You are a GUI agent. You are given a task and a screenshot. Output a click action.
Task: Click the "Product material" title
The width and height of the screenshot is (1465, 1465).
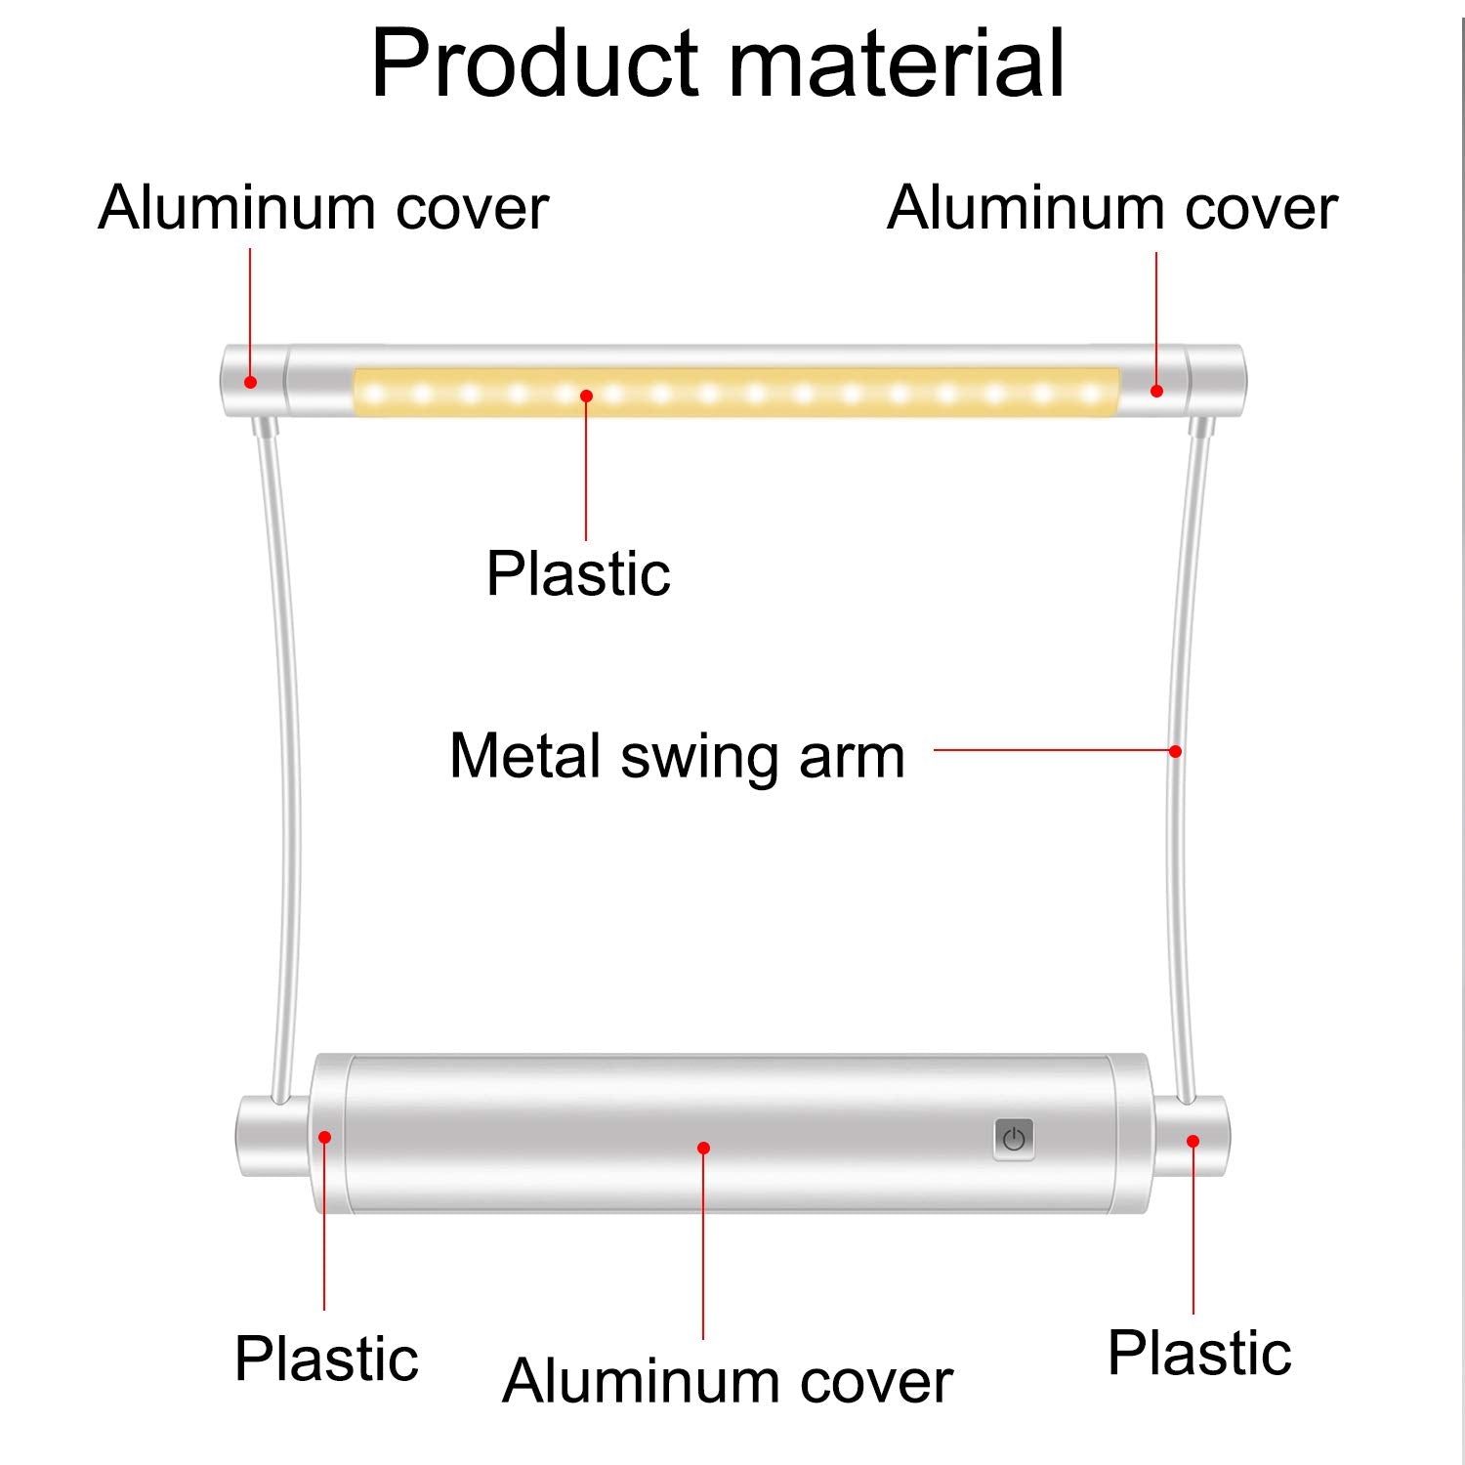(718, 64)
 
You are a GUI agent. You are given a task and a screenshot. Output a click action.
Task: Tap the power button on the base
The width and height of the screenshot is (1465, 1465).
(1014, 1139)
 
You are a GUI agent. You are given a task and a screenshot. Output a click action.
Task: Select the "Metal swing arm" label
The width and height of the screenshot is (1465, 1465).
(677, 757)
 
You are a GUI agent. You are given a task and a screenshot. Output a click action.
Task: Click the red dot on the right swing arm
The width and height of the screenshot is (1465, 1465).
(1176, 751)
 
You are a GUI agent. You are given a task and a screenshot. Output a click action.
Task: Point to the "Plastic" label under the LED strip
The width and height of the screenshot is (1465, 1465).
(578, 573)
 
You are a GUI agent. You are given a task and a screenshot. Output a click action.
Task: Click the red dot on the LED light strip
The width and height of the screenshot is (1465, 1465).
(586, 396)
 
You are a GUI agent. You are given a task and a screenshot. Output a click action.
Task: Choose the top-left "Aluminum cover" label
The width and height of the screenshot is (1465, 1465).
(323, 208)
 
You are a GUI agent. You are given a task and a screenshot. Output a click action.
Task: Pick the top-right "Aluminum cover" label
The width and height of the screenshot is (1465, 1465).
(1112, 208)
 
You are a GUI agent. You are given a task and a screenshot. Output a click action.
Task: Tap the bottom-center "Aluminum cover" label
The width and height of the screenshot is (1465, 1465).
(728, 1381)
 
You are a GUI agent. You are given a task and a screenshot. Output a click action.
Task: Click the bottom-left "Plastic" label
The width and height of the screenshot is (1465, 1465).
(326, 1359)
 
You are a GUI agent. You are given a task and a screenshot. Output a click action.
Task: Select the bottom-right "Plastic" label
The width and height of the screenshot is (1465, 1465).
(1199, 1353)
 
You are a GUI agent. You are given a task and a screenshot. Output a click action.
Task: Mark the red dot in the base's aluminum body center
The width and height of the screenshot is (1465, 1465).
(703, 1148)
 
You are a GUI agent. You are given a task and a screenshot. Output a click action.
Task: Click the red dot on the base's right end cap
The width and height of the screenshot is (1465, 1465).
(1193, 1141)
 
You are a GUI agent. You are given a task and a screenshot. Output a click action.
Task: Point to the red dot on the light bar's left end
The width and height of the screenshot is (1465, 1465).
(250, 382)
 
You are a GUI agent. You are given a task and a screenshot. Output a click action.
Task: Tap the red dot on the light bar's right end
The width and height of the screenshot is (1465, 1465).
(1156, 391)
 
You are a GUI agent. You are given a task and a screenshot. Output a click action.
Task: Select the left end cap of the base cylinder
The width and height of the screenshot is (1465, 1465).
(273, 1136)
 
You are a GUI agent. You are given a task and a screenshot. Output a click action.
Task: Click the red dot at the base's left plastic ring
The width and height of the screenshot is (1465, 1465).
(324, 1136)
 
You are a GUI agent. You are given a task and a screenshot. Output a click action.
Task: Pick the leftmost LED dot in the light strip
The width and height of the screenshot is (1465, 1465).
(375, 395)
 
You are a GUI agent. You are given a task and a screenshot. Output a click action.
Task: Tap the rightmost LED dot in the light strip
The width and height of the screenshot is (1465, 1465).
(1091, 395)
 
